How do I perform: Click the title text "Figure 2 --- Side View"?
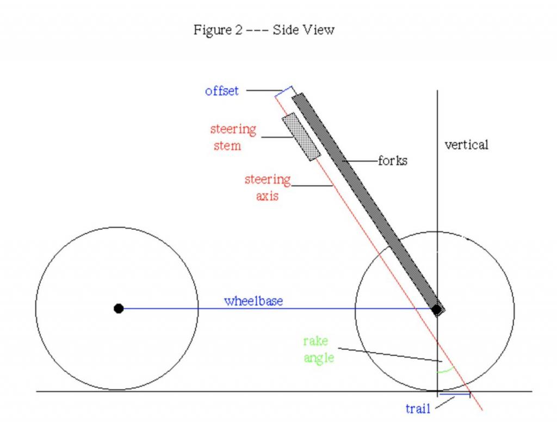pos(264,30)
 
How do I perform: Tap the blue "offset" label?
pos(222,91)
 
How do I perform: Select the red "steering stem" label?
pos(233,137)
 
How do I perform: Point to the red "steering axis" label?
pos(268,187)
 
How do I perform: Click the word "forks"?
pos(393,161)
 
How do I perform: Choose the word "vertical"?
pos(466,145)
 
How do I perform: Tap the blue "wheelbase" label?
pos(253,301)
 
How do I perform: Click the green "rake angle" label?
pos(319,349)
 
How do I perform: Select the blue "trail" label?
pos(418,408)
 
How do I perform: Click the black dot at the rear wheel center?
pos(119,308)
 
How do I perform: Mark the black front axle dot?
pos(437,310)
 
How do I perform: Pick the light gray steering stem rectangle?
pos(301,137)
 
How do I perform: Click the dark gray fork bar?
pos(368,203)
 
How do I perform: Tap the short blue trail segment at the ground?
pos(455,394)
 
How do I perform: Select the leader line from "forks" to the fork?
pos(360,161)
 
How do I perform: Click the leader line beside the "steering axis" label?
pos(312,186)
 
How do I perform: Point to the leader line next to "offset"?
pos(264,90)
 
